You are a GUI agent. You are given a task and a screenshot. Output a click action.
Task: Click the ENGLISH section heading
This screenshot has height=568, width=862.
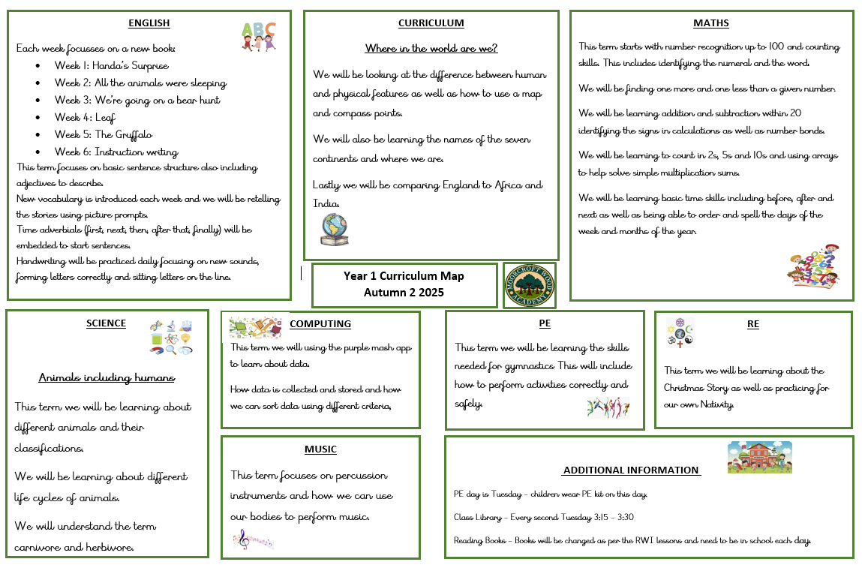(x=149, y=23)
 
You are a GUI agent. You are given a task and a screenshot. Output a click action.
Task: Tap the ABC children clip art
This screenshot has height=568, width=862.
(x=258, y=35)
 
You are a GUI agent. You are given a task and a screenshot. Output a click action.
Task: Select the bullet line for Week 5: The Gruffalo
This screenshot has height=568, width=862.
(x=104, y=135)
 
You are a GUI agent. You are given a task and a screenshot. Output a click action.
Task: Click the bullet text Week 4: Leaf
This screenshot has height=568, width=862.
(x=85, y=118)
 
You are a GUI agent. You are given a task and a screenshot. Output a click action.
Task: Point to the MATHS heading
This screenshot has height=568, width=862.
(x=711, y=23)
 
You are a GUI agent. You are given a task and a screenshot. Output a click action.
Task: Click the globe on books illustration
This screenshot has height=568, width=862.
(x=334, y=229)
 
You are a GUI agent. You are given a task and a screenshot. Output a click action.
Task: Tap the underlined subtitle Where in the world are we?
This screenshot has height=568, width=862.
(x=431, y=49)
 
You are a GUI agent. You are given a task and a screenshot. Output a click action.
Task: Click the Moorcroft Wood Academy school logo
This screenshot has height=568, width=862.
(x=530, y=285)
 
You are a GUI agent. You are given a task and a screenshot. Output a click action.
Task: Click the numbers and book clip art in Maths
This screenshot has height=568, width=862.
(x=813, y=266)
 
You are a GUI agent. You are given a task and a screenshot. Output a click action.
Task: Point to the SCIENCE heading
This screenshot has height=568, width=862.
(x=107, y=323)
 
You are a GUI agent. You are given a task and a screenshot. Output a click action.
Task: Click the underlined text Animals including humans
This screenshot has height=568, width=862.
(x=107, y=377)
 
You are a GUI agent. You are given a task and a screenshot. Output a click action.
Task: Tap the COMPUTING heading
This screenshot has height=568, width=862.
(x=320, y=324)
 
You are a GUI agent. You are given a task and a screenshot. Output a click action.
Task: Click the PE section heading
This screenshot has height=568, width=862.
(x=545, y=324)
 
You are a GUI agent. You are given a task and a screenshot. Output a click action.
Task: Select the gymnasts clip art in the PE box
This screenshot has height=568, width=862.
(x=608, y=407)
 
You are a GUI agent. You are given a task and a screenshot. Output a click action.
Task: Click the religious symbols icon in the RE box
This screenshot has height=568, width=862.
(x=680, y=332)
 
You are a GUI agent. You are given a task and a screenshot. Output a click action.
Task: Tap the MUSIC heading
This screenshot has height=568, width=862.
(x=320, y=449)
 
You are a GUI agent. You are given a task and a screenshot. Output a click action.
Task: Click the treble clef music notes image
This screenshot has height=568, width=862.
(x=253, y=539)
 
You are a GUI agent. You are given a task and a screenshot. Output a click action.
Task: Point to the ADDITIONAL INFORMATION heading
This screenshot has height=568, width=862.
(x=631, y=470)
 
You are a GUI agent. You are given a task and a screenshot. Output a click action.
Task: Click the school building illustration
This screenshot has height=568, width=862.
(x=759, y=457)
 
